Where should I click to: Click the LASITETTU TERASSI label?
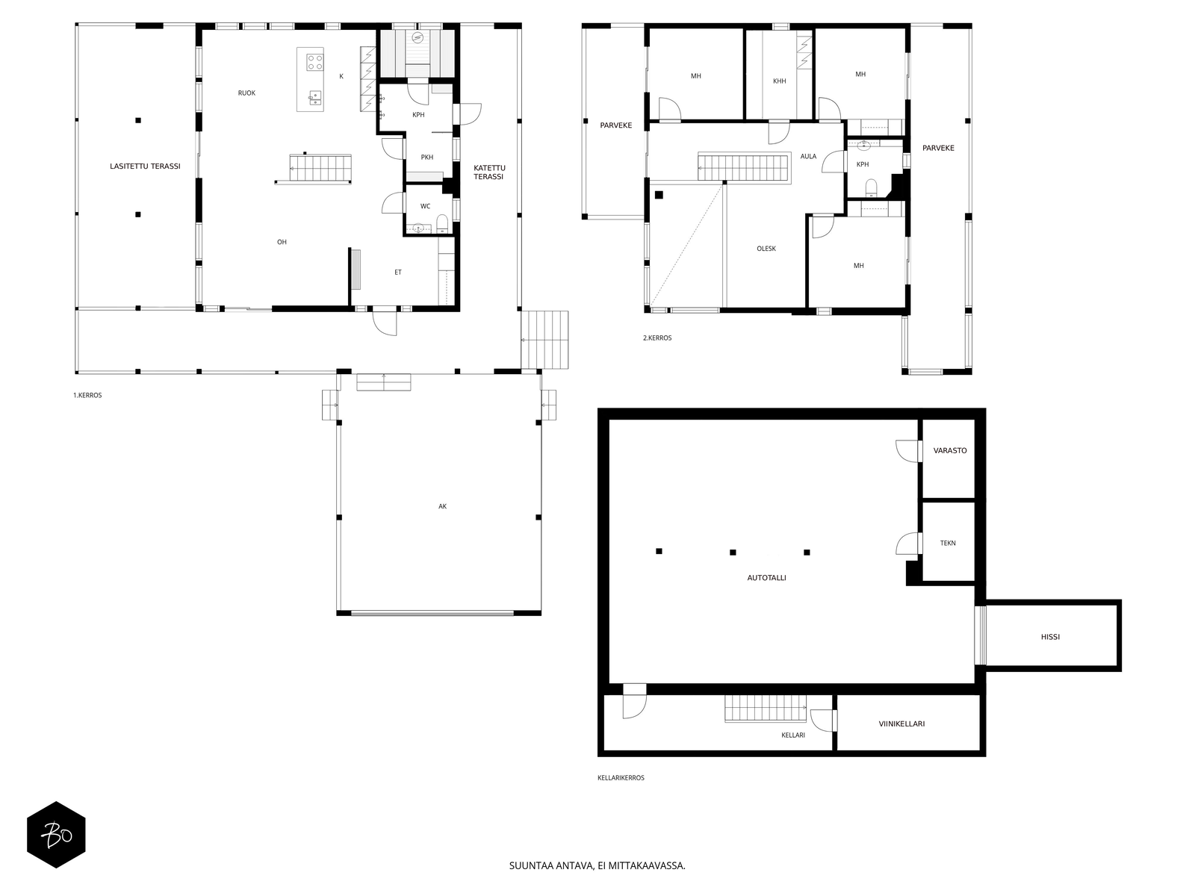click(145, 166)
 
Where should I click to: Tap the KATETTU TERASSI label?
click(489, 172)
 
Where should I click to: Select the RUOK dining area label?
click(246, 93)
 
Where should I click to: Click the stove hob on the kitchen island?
click(314, 62)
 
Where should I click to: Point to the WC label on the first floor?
click(425, 206)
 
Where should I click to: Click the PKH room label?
click(426, 158)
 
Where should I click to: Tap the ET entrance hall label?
click(398, 272)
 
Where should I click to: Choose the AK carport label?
click(443, 506)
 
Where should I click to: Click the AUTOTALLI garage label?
click(766, 578)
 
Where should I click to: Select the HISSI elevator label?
click(1050, 636)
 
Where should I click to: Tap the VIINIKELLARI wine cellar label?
click(901, 724)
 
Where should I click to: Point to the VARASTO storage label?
click(950, 450)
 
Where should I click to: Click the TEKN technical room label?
click(948, 543)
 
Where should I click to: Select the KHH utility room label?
click(780, 81)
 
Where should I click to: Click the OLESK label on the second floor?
click(766, 249)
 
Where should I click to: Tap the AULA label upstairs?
click(808, 156)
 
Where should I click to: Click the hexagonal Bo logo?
click(56, 835)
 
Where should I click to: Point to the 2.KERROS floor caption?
click(657, 337)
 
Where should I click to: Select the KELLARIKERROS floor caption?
click(621, 777)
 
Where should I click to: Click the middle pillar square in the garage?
click(733, 553)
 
